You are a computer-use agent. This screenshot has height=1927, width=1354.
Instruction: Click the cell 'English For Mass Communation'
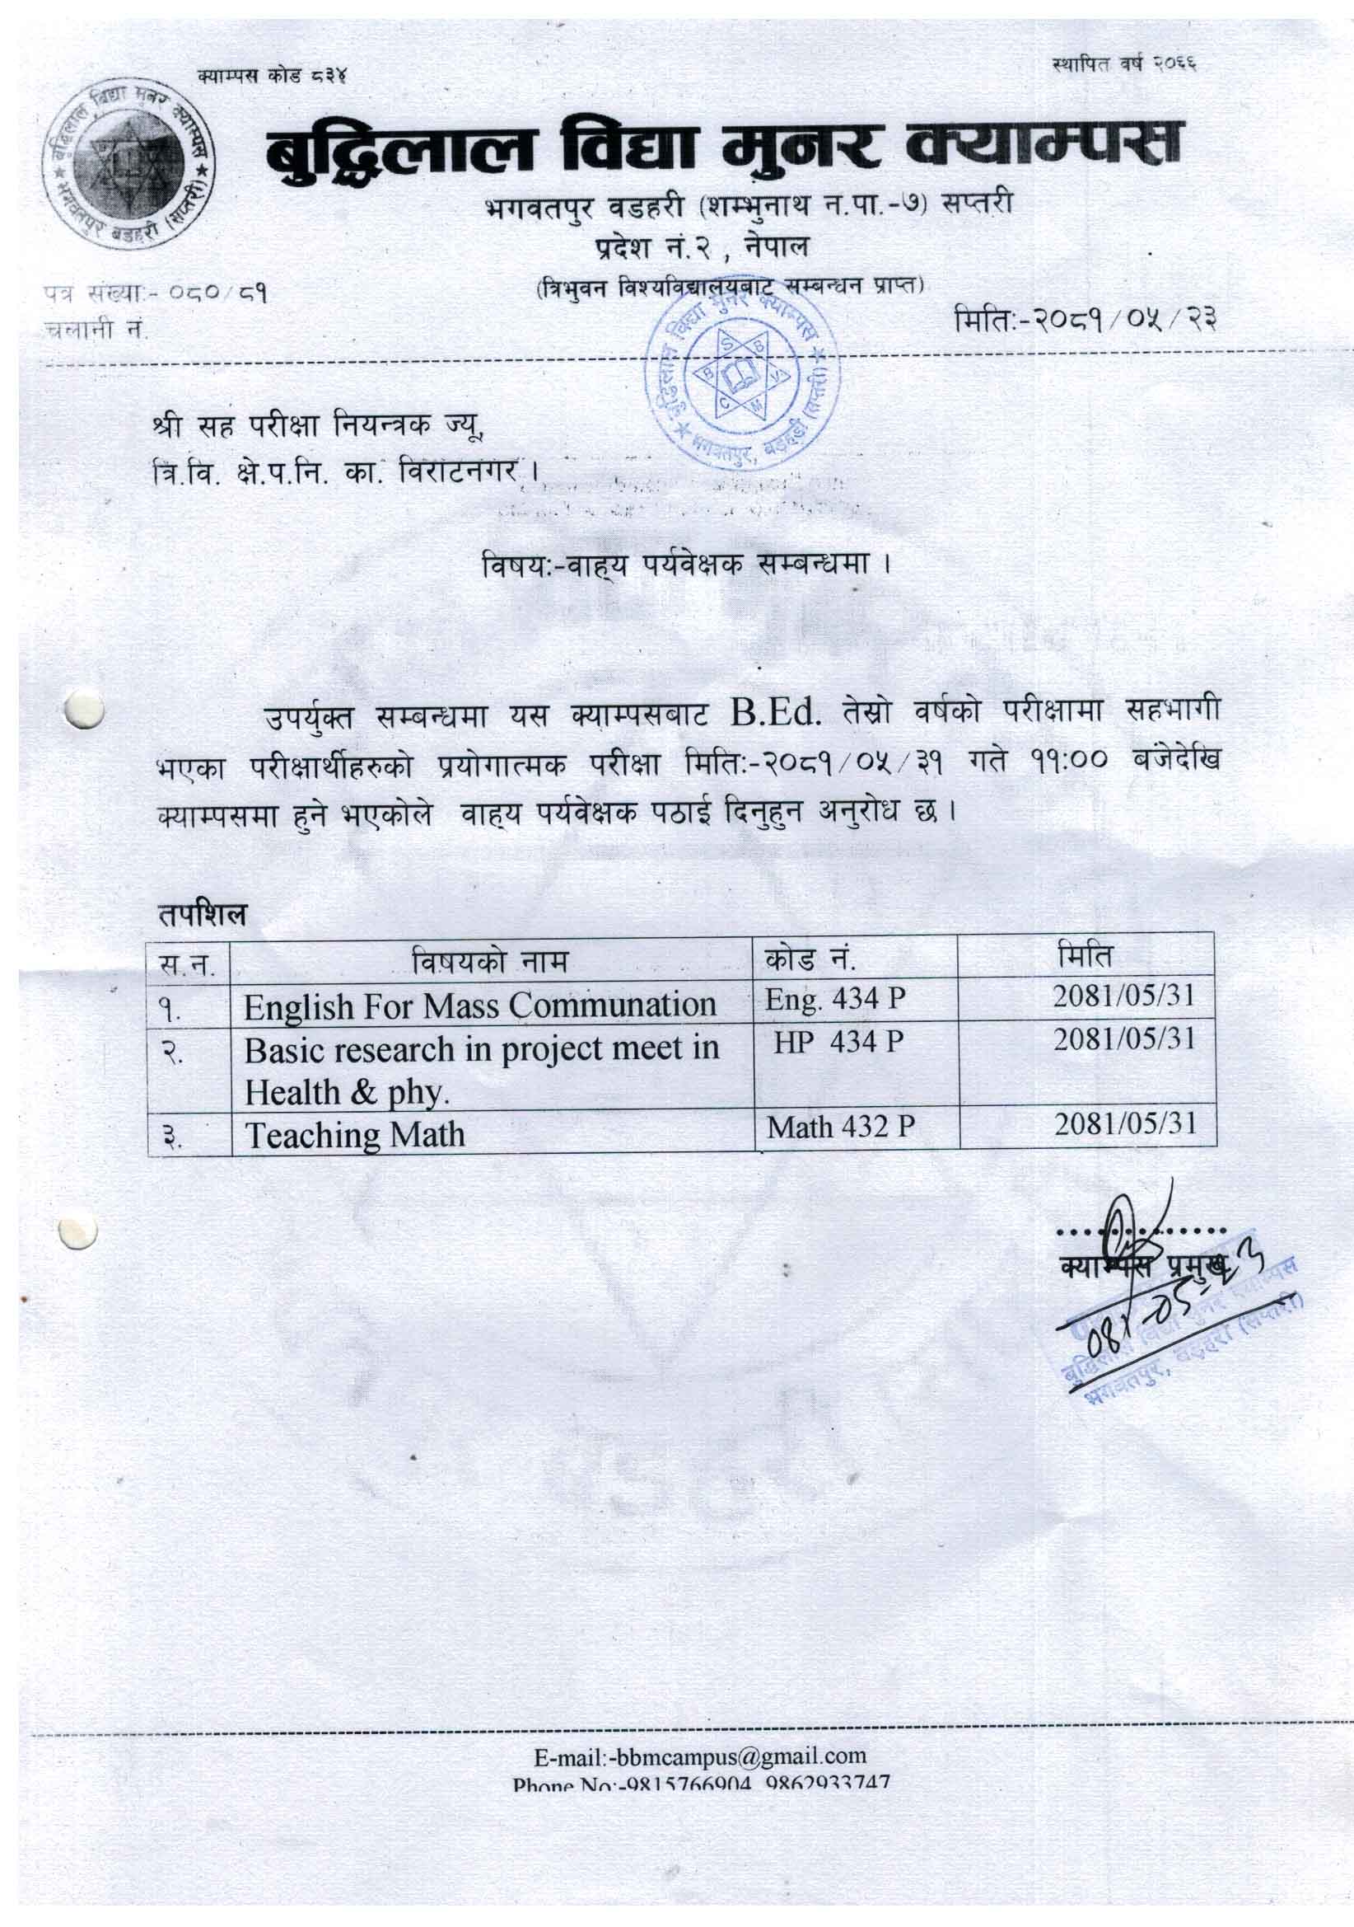[480, 1006]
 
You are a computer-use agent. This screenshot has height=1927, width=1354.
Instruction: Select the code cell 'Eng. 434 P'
[834, 999]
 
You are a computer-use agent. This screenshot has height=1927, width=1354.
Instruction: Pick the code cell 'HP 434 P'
[838, 1042]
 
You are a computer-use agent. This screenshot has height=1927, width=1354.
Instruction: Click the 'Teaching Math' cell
[355, 1135]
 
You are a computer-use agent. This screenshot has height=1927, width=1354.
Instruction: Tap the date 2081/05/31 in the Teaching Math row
[1125, 1123]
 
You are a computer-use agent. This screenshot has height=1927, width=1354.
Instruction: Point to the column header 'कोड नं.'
[809, 958]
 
